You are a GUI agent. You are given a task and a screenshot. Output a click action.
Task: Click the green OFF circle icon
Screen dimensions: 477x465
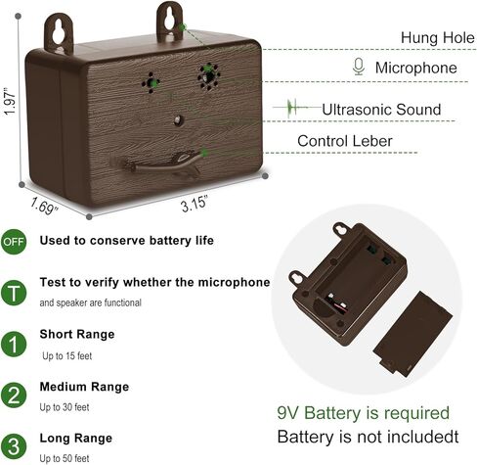pos(14,242)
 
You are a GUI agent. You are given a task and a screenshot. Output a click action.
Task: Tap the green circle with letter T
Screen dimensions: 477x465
pos(14,293)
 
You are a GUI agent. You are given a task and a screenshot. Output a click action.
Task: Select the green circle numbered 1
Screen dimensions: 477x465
pos(14,344)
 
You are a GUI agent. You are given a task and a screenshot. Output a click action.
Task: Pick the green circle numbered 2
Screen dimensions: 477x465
pos(14,395)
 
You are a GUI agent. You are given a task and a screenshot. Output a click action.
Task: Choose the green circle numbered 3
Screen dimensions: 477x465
pos(14,446)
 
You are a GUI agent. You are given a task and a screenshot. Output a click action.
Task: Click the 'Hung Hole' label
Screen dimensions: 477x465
pos(438,37)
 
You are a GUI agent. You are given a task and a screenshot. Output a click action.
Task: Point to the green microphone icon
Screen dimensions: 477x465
pos(359,67)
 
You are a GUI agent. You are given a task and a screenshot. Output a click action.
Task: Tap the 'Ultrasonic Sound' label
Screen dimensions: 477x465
pos(381,110)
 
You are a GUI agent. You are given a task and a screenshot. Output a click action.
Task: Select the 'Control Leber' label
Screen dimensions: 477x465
pos(345,141)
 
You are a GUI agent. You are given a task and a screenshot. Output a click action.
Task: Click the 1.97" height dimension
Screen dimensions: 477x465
pos(10,101)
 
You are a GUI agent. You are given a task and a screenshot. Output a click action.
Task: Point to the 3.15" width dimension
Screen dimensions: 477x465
pos(195,204)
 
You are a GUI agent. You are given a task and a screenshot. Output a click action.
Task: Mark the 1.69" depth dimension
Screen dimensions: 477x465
pos(44,206)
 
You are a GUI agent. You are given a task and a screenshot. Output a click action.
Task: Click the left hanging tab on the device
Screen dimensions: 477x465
pos(59,33)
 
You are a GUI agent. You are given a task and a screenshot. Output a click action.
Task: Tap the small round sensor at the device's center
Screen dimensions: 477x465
pos(178,120)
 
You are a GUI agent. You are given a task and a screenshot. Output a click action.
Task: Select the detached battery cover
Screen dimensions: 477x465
pos(412,334)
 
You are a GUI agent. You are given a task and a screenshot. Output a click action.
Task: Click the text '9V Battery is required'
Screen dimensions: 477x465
pos(364,413)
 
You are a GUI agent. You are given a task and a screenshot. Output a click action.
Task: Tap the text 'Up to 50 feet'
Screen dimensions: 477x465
pos(65,458)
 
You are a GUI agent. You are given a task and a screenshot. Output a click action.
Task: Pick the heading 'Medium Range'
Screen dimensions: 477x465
pos(84,387)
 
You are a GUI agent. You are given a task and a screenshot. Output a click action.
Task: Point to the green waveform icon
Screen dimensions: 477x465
pos(292,108)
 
